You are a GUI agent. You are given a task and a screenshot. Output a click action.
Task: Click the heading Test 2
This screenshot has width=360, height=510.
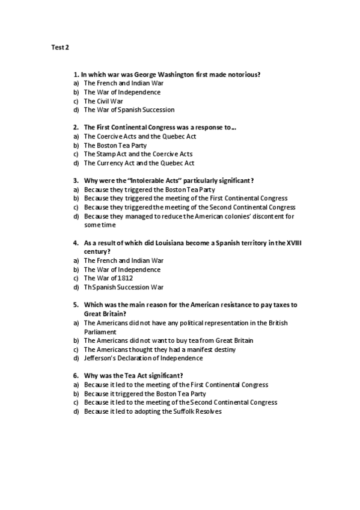(x=59, y=46)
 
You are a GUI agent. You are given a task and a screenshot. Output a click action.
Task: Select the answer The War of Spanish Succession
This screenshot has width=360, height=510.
(x=129, y=110)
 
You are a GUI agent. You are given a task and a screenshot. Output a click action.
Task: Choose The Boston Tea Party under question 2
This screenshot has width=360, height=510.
(x=115, y=146)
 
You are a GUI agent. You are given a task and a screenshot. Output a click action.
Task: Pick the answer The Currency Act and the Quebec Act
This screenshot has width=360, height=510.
(x=139, y=163)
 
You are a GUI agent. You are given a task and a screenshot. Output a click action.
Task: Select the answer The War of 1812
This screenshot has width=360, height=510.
(x=108, y=278)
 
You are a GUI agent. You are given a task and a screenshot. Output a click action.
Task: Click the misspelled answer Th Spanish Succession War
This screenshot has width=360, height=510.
(x=123, y=287)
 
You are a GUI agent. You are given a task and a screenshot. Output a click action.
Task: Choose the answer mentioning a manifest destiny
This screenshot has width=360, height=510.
(x=159, y=349)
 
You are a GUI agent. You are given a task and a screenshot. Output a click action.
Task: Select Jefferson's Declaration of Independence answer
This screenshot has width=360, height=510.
(x=143, y=358)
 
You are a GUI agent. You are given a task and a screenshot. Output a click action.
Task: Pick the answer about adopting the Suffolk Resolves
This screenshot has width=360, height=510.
(x=153, y=411)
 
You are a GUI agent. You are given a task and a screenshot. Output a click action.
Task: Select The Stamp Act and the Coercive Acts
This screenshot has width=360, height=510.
(x=138, y=154)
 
